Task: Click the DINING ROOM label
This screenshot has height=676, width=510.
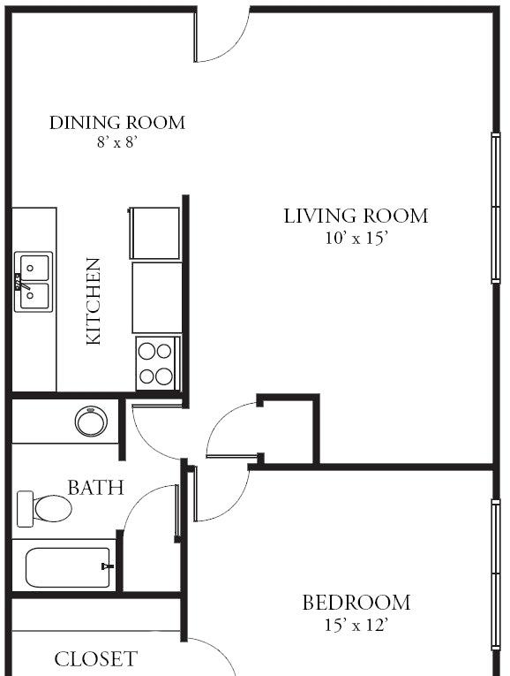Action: pyautogui.click(x=117, y=123)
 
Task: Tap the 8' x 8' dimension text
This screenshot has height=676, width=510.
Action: pyautogui.click(x=117, y=142)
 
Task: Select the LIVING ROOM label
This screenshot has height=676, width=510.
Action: pyautogui.click(x=356, y=216)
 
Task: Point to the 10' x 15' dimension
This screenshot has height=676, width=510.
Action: pyautogui.click(x=356, y=238)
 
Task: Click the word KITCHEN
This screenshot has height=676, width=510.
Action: pyautogui.click(x=94, y=301)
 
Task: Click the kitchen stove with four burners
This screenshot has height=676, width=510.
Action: pyautogui.click(x=158, y=364)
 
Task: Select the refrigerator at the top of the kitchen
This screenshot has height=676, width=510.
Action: pyautogui.click(x=154, y=233)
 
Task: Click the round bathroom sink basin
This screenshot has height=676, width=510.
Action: pyautogui.click(x=91, y=422)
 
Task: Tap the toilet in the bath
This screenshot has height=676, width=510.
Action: pyautogui.click(x=44, y=509)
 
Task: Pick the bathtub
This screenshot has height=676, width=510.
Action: pyautogui.click(x=68, y=568)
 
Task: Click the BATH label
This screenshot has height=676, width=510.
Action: pyautogui.click(x=95, y=488)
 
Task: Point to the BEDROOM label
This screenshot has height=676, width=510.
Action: pyautogui.click(x=356, y=603)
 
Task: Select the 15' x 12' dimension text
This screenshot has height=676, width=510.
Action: pyautogui.click(x=356, y=625)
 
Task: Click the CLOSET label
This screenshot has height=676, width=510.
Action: pyautogui.click(x=95, y=659)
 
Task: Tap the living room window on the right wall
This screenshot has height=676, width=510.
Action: pyautogui.click(x=496, y=208)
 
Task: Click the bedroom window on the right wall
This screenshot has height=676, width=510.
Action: pyautogui.click(x=496, y=574)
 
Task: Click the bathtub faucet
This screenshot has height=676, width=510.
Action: pyautogui.click(x=107, y=566)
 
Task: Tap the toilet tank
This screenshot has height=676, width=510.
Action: pyautogui.click(x=25, y=509)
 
